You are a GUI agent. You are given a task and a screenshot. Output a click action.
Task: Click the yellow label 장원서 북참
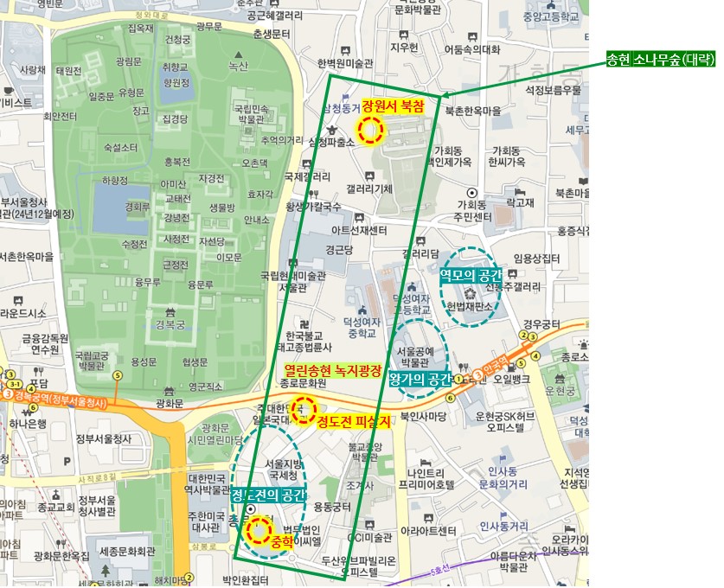pyautogui.click(x=394, y=106)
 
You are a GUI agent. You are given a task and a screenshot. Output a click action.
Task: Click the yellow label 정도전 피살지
pyautogui.click(x=353, y=423)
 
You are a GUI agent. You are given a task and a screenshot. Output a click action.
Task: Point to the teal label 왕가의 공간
pyautogui.click(x=420, y=379)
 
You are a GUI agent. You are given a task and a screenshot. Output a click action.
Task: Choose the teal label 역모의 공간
pyautogui.click(x=471, y=273)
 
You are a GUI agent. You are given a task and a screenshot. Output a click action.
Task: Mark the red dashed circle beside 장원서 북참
pyautogui.click(x=371, y=131)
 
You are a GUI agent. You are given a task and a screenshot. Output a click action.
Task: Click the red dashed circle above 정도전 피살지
pyautogui.click(x=304, y=410)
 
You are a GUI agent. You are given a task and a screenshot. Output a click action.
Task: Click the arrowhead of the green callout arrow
pyautogui.click(x=444, y=95)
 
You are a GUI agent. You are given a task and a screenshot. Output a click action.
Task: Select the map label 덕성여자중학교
pyautogui.click(x=362, y=326)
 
